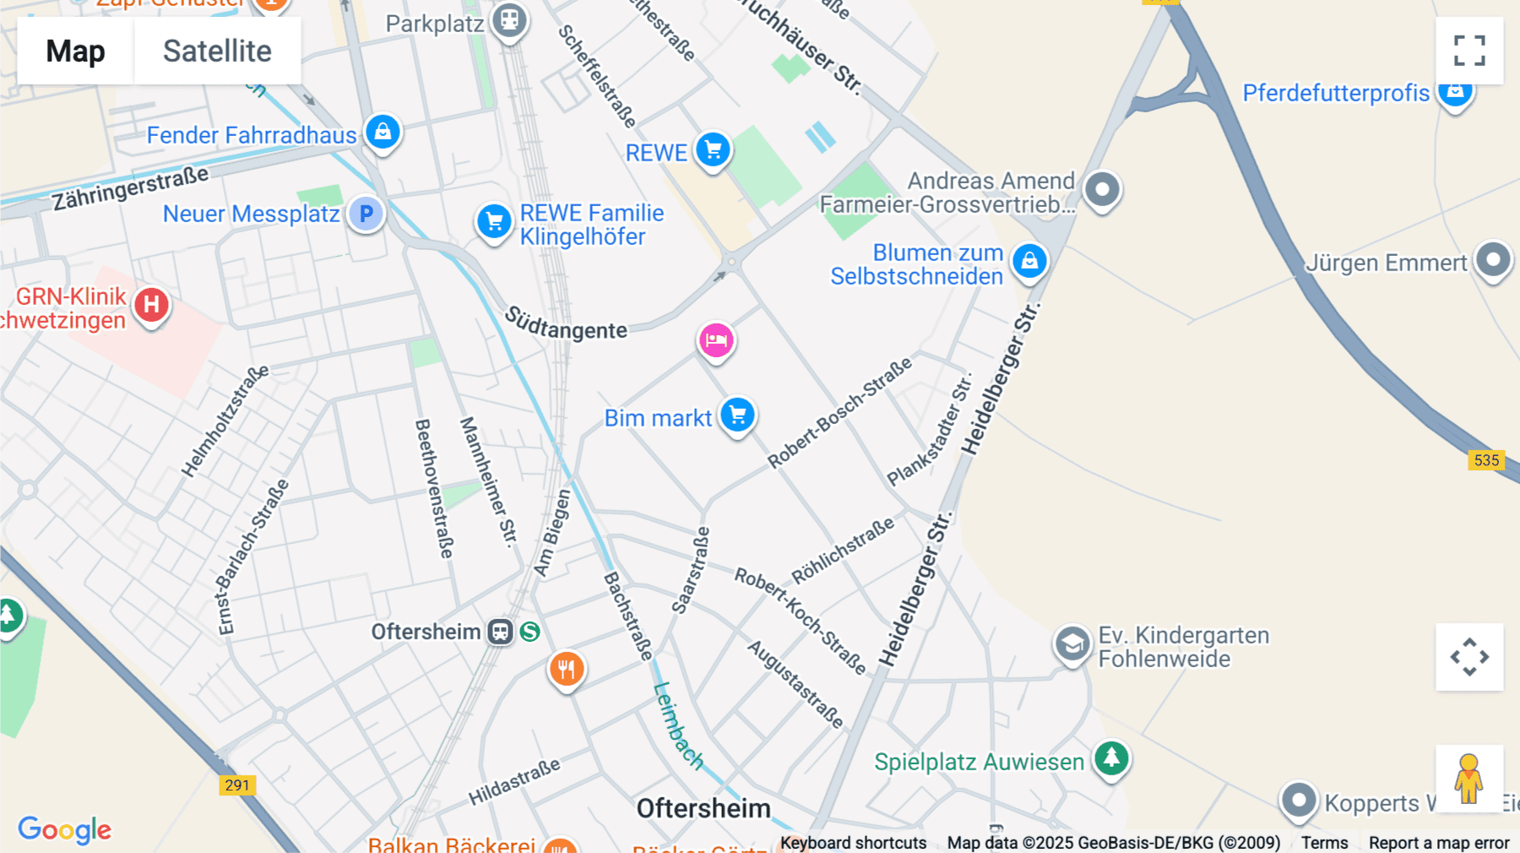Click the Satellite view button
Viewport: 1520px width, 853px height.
point(217,51)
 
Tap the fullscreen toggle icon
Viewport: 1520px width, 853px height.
point(1469,51)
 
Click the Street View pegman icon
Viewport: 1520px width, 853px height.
point(1468,778)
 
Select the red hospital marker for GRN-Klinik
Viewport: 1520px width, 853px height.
point(152,305)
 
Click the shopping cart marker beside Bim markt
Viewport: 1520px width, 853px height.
point(738,415)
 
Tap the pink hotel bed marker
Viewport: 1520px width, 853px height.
point(716,340)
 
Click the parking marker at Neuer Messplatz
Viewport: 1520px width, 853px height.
point(366,214)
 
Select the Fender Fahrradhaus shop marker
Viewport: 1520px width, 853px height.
point(383,132)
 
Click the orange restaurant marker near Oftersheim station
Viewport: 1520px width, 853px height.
point(567,669)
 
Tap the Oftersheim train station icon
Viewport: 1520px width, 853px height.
point(500,632)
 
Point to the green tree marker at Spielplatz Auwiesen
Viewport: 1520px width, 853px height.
point(1111,758)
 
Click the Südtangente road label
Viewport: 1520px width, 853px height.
point(566,324)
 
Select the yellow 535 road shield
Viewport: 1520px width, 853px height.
point(1486,460)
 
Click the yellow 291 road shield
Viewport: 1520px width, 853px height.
point(237,785)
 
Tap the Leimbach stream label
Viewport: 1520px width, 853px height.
point(678,725)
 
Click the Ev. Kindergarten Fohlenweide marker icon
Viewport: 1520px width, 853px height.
point(1072,645)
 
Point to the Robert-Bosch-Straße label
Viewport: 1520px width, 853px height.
point(839,412)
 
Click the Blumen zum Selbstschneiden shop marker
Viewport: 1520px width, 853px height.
point(1029,261)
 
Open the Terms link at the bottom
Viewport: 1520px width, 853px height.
point(1324,842)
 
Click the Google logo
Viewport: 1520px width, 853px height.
point(65,829)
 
